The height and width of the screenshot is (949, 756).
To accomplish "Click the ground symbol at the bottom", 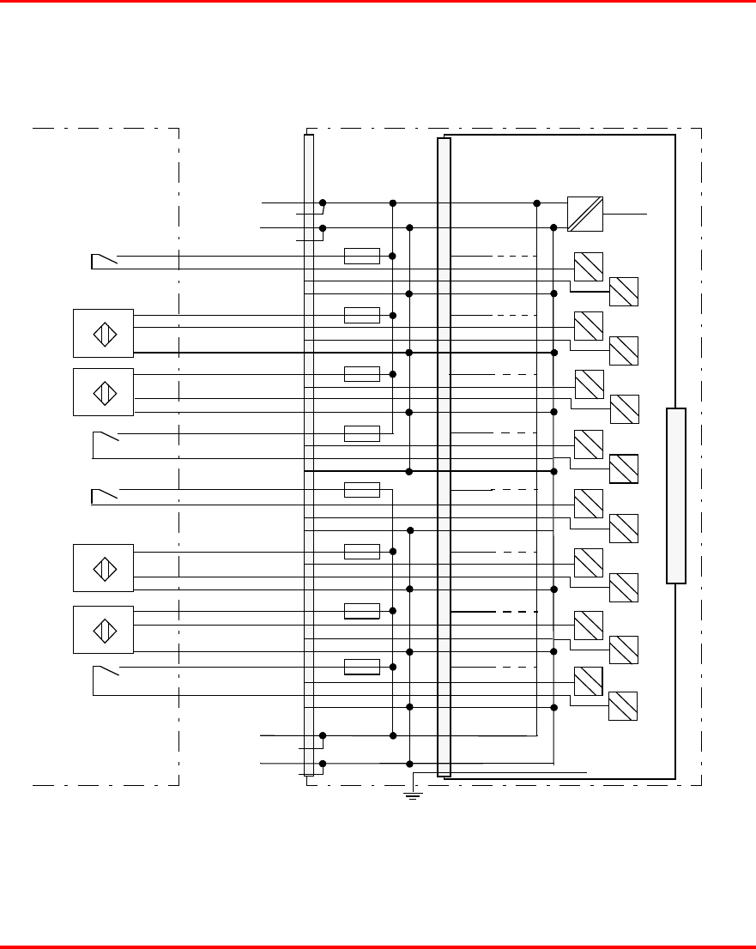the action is pos(413,795).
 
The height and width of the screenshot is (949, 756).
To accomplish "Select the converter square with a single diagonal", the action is pos(585,214).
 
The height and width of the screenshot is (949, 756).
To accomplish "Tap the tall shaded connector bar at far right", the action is pos(676,496).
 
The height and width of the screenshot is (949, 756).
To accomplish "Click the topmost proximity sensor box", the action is pos(103,333).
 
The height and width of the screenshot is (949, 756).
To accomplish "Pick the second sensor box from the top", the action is pos(103,392).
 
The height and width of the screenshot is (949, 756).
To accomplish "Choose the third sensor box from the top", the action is pos(103,567).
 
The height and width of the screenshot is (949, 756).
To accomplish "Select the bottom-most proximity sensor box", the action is pos(103,630).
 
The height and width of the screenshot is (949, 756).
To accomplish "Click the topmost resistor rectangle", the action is pos(361,256).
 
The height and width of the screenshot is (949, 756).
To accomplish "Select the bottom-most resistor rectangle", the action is pos(361,667).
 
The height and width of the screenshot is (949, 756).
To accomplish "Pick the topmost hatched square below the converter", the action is pos(589,267).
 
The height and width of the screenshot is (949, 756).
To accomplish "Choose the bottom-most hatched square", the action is pos(623,705).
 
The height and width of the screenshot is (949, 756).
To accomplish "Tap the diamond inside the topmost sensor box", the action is pos(104,333).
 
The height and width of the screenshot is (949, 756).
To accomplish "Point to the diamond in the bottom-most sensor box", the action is pos(104,630).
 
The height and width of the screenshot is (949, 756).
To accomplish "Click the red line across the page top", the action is pos(378,2).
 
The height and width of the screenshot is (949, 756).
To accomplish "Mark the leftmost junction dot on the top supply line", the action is pos(323,203).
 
